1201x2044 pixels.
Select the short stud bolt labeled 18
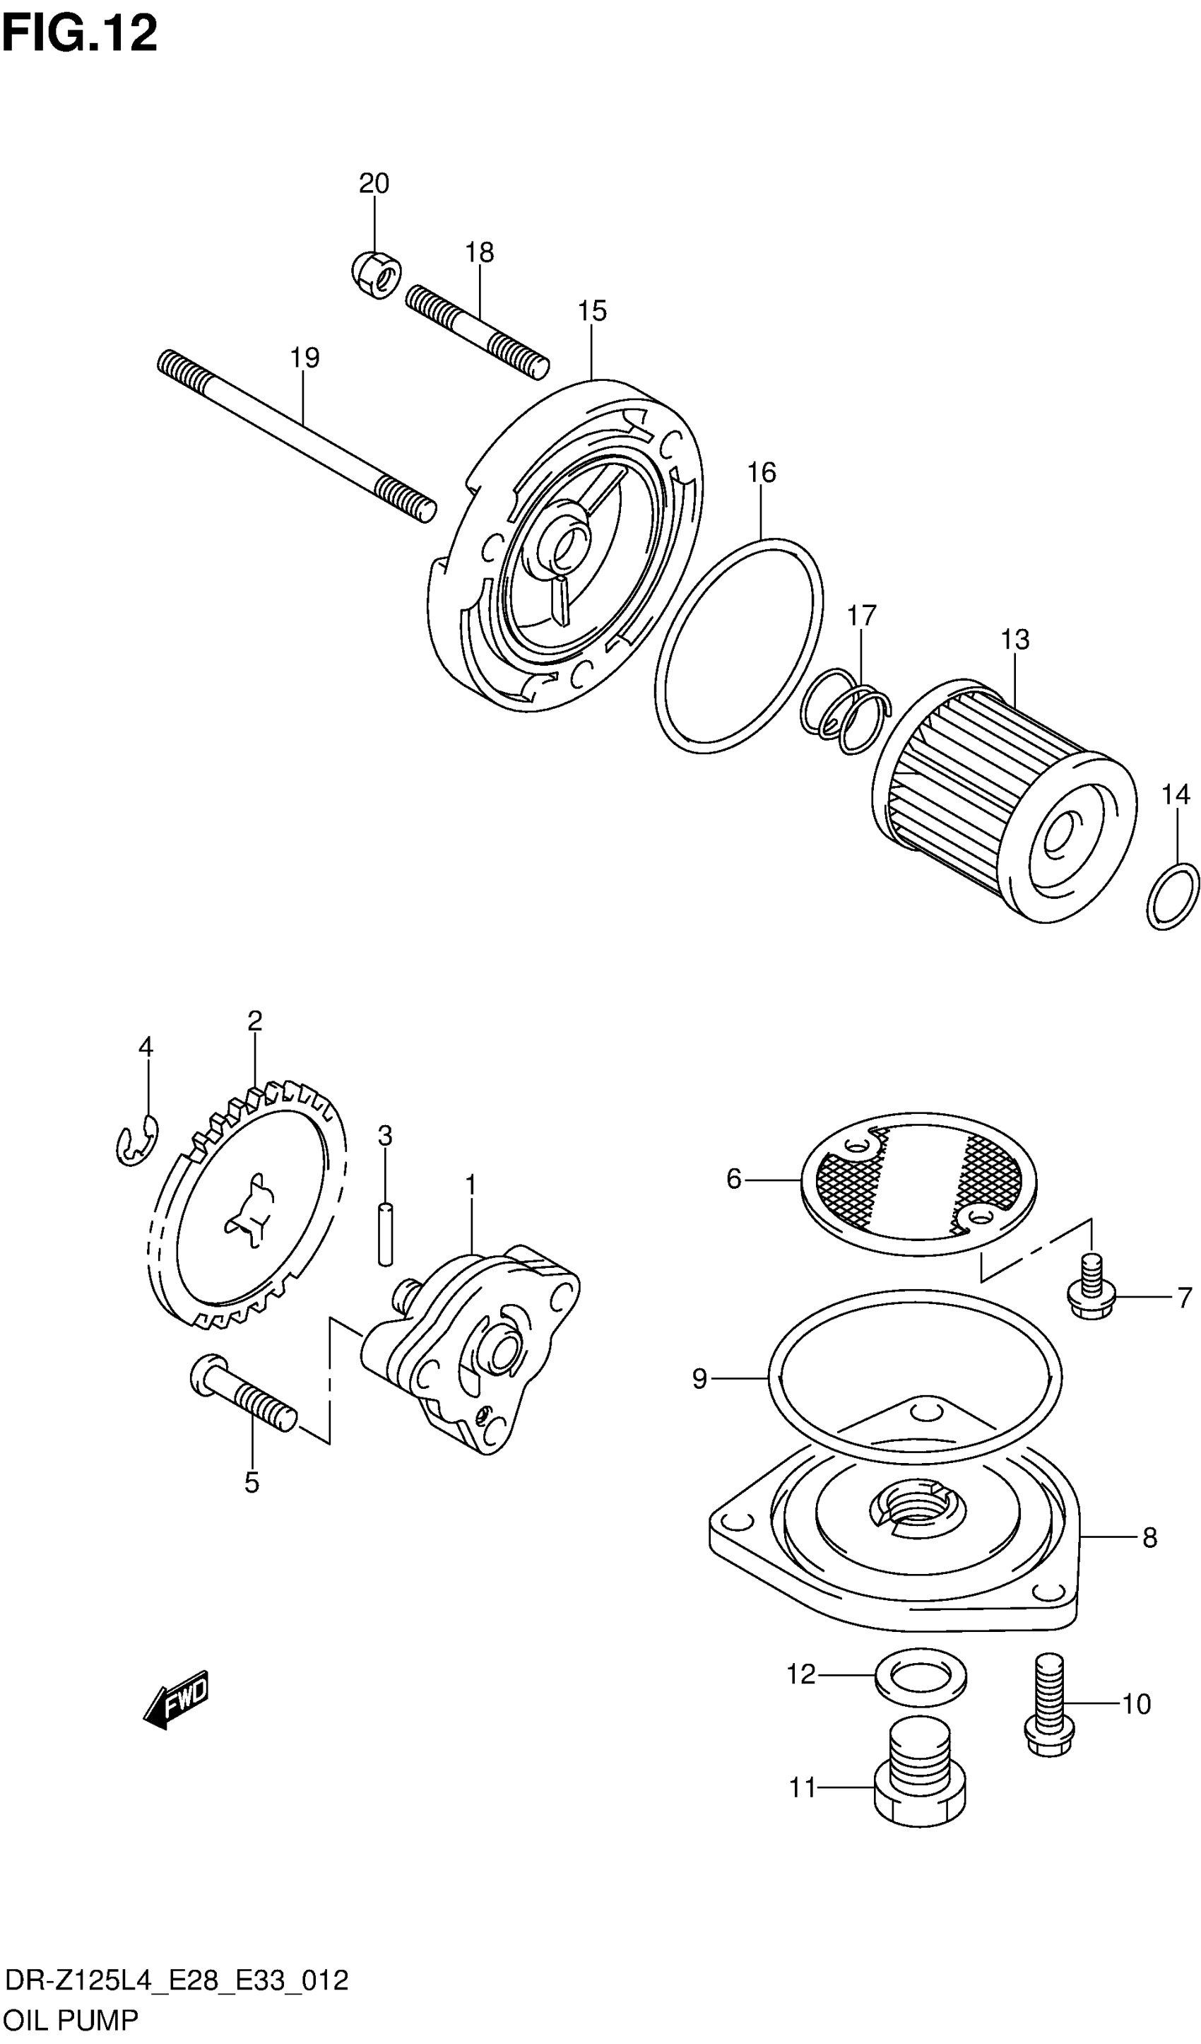tap(477, 333)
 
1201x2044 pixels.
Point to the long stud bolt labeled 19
tap(296, 435)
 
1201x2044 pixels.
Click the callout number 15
tap(592, 311)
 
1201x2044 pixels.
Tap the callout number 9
tap(700, 1379)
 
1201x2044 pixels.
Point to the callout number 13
tap(1014, 640)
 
